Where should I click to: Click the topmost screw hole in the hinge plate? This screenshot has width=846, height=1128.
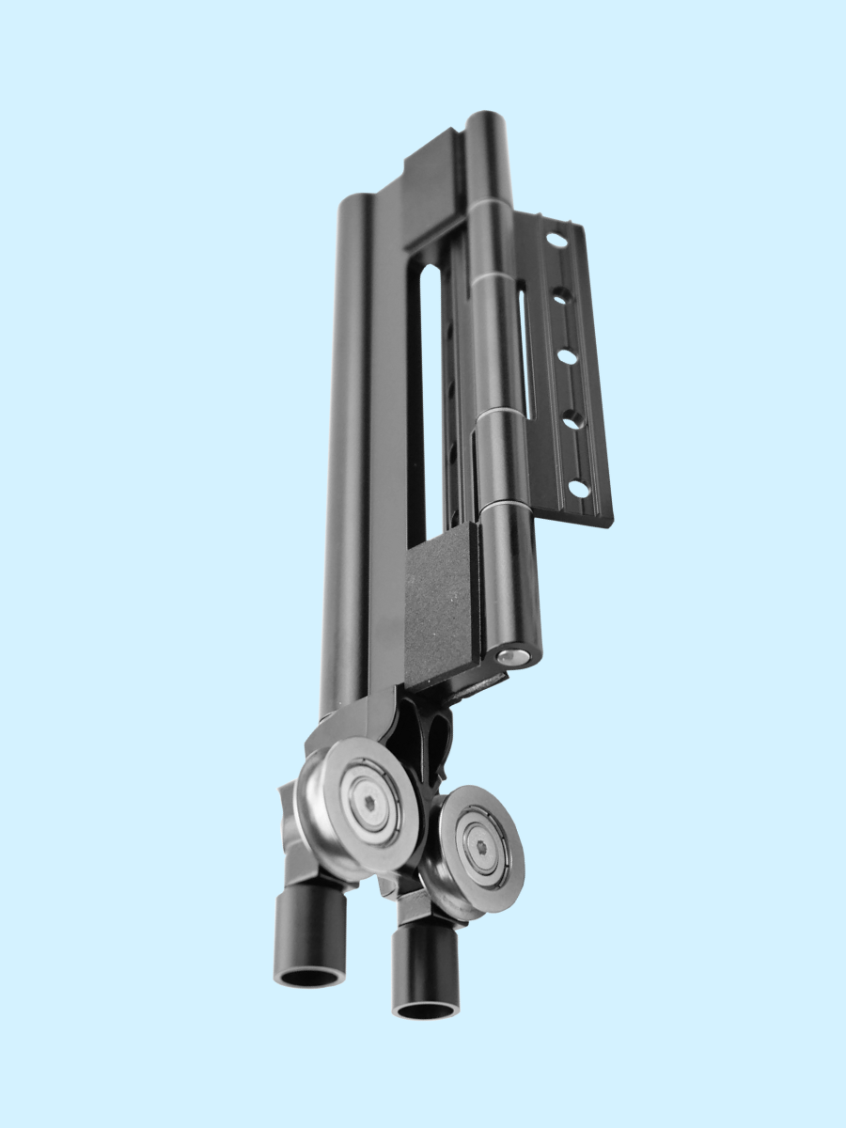tap(556, 241)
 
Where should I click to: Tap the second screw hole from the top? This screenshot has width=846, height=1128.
tap(561, 296)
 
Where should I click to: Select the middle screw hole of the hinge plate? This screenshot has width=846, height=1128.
tap(568, 357)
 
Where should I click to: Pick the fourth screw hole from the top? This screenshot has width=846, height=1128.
tap(573, 420)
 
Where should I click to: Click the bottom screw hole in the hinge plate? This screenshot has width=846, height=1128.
tap(580, 489)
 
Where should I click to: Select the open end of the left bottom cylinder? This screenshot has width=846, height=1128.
tap(309, 977)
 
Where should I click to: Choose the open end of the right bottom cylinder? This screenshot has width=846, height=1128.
tap(426, 1010)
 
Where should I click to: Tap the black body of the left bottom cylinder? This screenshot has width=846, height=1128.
tap(309, 926)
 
